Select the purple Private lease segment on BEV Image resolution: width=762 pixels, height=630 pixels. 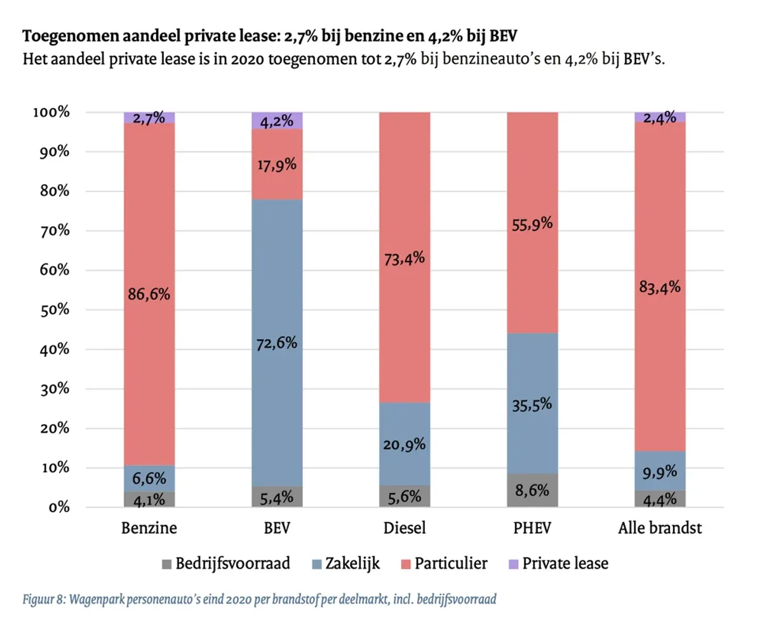point(277,121)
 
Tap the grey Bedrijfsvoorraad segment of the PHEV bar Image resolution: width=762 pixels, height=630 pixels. point(532,490)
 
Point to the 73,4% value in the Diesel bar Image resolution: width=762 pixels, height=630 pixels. point(404,259)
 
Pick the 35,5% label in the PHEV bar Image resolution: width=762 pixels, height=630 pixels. point(532,404)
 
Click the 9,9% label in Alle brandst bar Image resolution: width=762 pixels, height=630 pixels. point(660,471)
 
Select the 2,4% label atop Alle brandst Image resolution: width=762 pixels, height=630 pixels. point(660,117)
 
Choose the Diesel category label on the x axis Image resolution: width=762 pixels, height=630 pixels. point(404,528)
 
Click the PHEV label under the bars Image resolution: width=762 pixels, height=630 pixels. point(532,528)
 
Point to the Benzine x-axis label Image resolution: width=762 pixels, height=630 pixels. point(149,528)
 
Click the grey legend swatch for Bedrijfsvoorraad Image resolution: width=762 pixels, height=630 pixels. point(167,563)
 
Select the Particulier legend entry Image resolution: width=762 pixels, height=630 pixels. point(451,563)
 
